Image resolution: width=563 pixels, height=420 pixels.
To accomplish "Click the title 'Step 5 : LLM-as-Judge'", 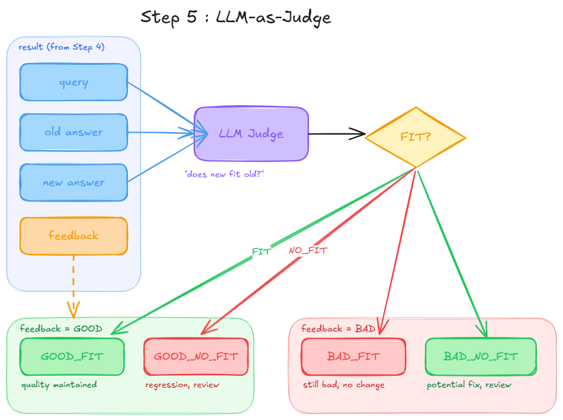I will [x=236, y=17].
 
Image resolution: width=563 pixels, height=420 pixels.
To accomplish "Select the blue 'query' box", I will [x=74, y=82].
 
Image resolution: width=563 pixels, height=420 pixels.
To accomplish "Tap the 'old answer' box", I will [x=74, y=132].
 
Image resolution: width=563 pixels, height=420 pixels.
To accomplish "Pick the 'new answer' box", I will [x=74, y=182].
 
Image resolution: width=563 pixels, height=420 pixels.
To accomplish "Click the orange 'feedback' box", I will [x=74, y=236].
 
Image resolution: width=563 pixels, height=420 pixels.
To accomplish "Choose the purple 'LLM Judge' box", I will [x=251, y=134].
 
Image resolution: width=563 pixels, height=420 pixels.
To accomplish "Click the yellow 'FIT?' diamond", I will [x=416, y=137].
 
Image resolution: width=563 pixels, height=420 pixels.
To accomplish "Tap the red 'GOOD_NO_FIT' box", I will [x=196, y=356].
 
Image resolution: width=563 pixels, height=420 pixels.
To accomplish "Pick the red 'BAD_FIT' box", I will [x=353, y=356].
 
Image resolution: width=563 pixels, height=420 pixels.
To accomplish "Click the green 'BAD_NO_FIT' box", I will [x=481, y=356].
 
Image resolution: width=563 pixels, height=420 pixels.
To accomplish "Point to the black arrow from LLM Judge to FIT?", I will [x=336, y=135].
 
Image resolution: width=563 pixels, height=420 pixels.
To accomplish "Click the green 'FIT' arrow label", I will [x=261, y=251].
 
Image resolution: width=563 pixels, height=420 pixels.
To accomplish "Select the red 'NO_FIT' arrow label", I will [x=308, y=251].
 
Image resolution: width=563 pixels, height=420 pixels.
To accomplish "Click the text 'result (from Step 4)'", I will [x=62, y=47].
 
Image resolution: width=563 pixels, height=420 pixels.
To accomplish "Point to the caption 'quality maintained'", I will [x=59, y=385].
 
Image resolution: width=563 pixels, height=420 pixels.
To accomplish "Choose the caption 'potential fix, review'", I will [x=469, y=385].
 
